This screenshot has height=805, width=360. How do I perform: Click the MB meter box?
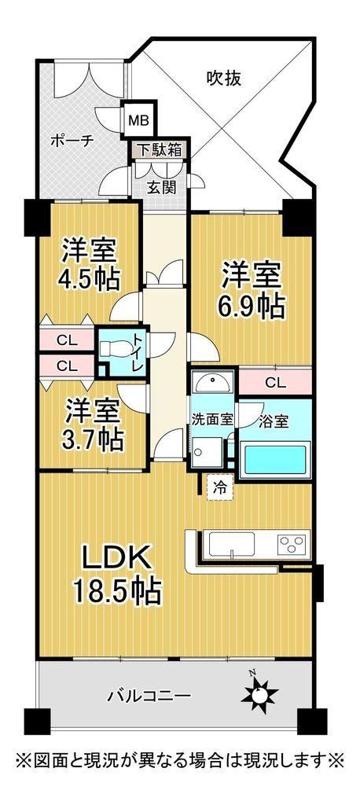tap(138, 120)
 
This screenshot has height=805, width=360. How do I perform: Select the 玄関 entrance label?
tap(162, 187)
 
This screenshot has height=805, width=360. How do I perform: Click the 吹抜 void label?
tap(224, 79)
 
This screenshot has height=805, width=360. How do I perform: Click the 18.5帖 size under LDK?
tap(117, 590)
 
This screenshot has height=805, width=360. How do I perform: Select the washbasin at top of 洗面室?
tap(212, 383)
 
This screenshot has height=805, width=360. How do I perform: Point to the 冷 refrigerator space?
tap(220, 488)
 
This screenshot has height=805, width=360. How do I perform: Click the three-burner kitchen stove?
tap(292, 544)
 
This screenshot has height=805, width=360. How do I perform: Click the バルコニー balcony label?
tap(149, 697)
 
